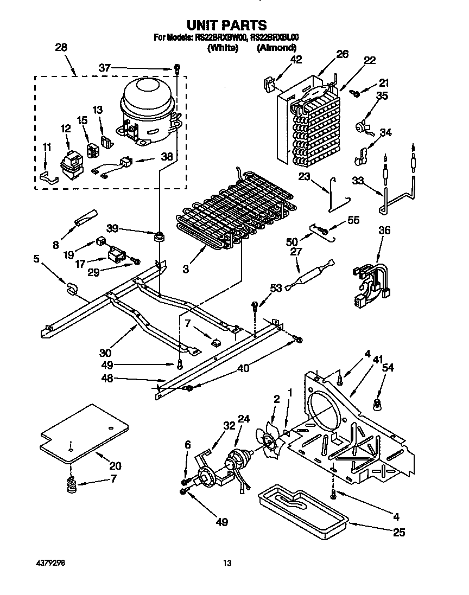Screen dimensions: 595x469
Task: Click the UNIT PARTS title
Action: pyautogui.click(x=227, y=25)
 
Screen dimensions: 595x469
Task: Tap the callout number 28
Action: pyautogui.click(x=61, y=47)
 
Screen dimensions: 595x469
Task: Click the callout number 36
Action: pyautogui.click(x=384, y=231)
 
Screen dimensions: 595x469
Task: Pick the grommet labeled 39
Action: pyautogui.click(x=160, y=236)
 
